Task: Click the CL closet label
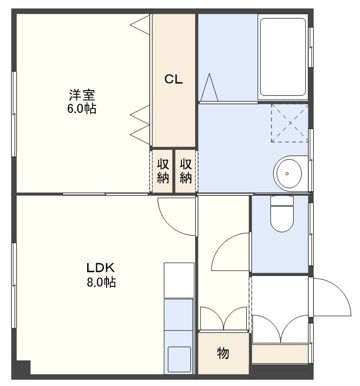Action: (x=173, y=79)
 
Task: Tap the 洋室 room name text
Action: (x=82, y=95)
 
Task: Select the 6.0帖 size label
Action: (x=81, y=108)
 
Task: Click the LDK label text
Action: (x=100, y=268)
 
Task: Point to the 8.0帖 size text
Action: (x=101, y=282)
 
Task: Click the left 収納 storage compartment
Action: (x=162, y=171)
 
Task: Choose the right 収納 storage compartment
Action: (x=185, y=171)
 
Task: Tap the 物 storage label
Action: (x=223, y=353)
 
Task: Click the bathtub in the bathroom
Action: (x=283, y=57)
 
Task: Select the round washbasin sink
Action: (x=287, y=174)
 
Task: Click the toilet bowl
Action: (x=282, y=214)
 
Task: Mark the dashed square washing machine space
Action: (x=290, y=123)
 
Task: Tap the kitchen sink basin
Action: (x=179, y=359)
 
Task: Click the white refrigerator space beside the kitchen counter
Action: (x=179, y=280)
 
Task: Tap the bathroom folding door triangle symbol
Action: (x=209, y=87)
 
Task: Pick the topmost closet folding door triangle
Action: (x=140, y=25)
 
